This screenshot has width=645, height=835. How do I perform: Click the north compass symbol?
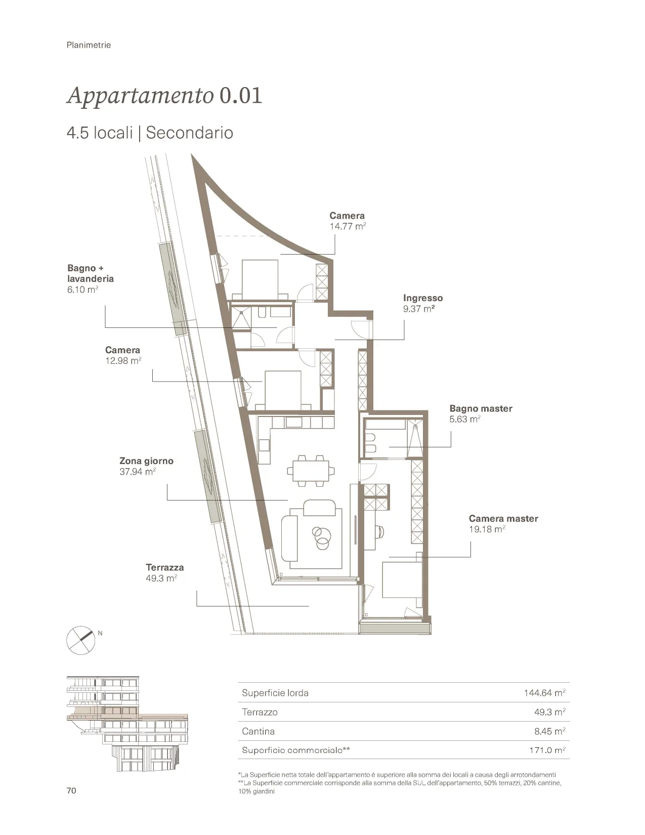coord(80,640)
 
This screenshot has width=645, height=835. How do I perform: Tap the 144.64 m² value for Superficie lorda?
coord(544,693)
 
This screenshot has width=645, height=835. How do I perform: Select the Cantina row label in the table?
coord(258,731)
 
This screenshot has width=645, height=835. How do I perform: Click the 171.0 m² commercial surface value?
coord(547,749)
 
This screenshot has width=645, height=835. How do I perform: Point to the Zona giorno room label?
coord(146,461)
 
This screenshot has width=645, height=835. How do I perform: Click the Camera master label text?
coord(503,518)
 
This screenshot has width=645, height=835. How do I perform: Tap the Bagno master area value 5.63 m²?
coord(465,419)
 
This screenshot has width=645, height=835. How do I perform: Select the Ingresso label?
coord(423,298)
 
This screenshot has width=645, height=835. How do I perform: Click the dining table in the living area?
coord(311,471)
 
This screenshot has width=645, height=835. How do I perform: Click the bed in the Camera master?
coord(401,579)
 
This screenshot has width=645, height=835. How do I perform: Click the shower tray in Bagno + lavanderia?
coord(241,317)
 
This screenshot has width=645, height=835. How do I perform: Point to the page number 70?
coord(71,790)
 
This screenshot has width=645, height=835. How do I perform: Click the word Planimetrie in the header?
coord(89,45)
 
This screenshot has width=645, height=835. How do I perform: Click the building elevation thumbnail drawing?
coord(127,724)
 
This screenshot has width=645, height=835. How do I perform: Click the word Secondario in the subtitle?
coord(189,133)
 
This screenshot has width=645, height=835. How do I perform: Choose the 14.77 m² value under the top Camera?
coord(348,226)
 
